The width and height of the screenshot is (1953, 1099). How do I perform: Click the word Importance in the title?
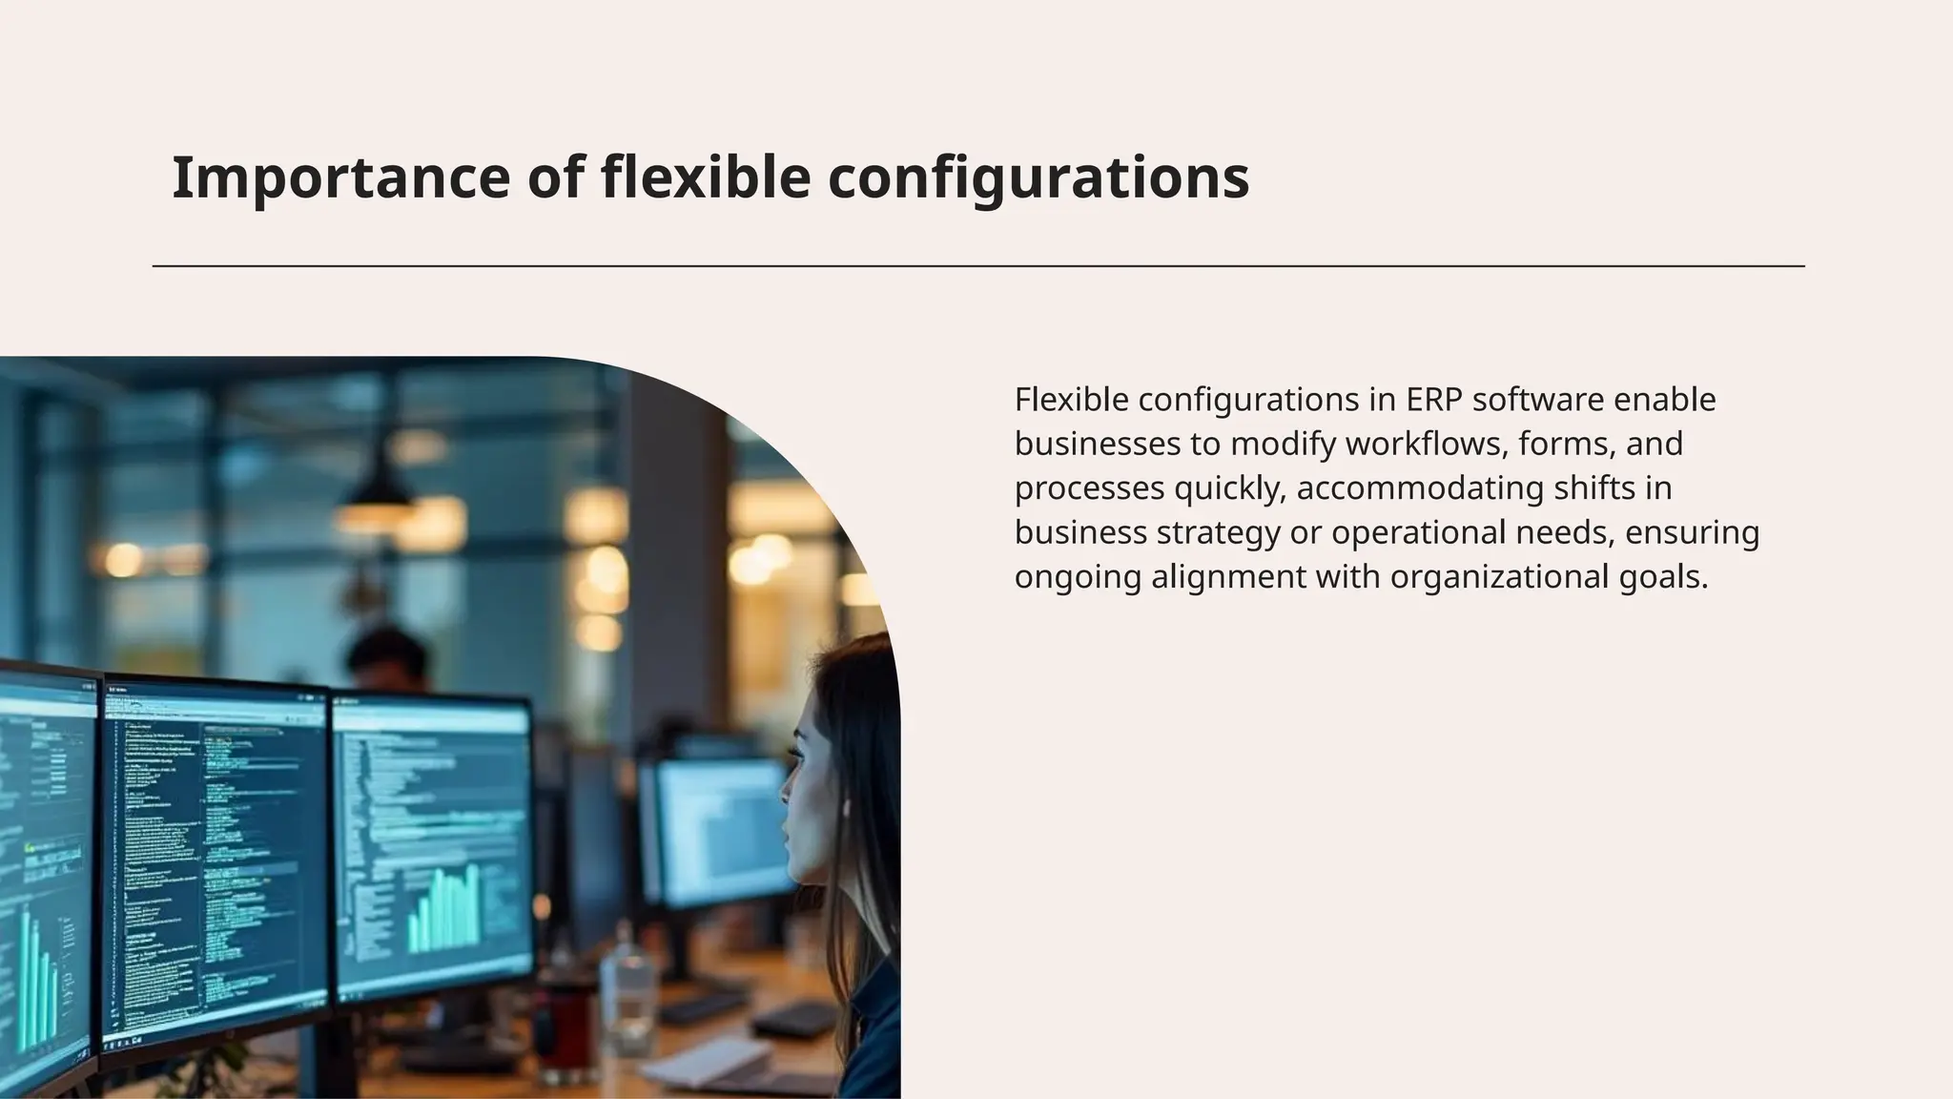[x=340, y=177]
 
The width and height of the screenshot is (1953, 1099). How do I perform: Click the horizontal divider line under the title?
[x=978, y=266]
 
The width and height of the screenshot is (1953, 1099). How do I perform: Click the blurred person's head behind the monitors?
[x=387, y=658]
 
